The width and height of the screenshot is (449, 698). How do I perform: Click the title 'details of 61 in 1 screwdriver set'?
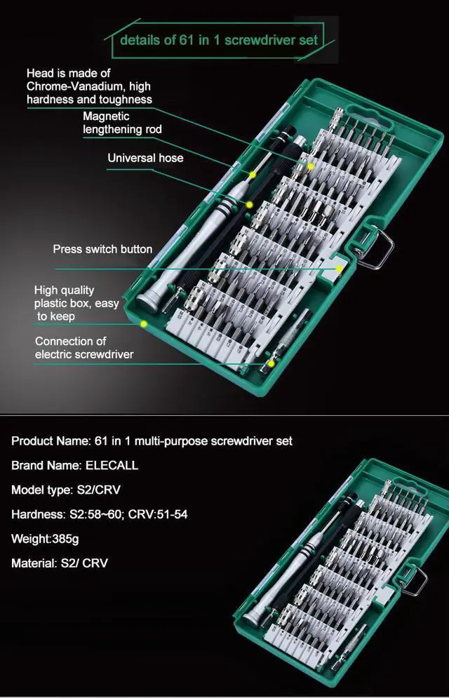point(218,40)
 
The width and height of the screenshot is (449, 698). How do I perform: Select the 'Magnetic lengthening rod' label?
point(122,123)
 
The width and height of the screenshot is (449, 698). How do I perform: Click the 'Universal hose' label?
point(145,158)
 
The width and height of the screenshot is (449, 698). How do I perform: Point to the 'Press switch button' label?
point(102,249)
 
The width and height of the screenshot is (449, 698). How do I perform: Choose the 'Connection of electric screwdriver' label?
point(83,348)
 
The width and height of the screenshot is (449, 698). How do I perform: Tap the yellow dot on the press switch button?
point(338,269)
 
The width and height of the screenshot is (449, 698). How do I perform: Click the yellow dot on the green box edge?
point(143,323)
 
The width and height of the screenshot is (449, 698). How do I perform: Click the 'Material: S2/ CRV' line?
point(60,563)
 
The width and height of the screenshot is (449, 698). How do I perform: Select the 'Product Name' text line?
point(152,441)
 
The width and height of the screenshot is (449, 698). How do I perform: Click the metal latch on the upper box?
point(379,249)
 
